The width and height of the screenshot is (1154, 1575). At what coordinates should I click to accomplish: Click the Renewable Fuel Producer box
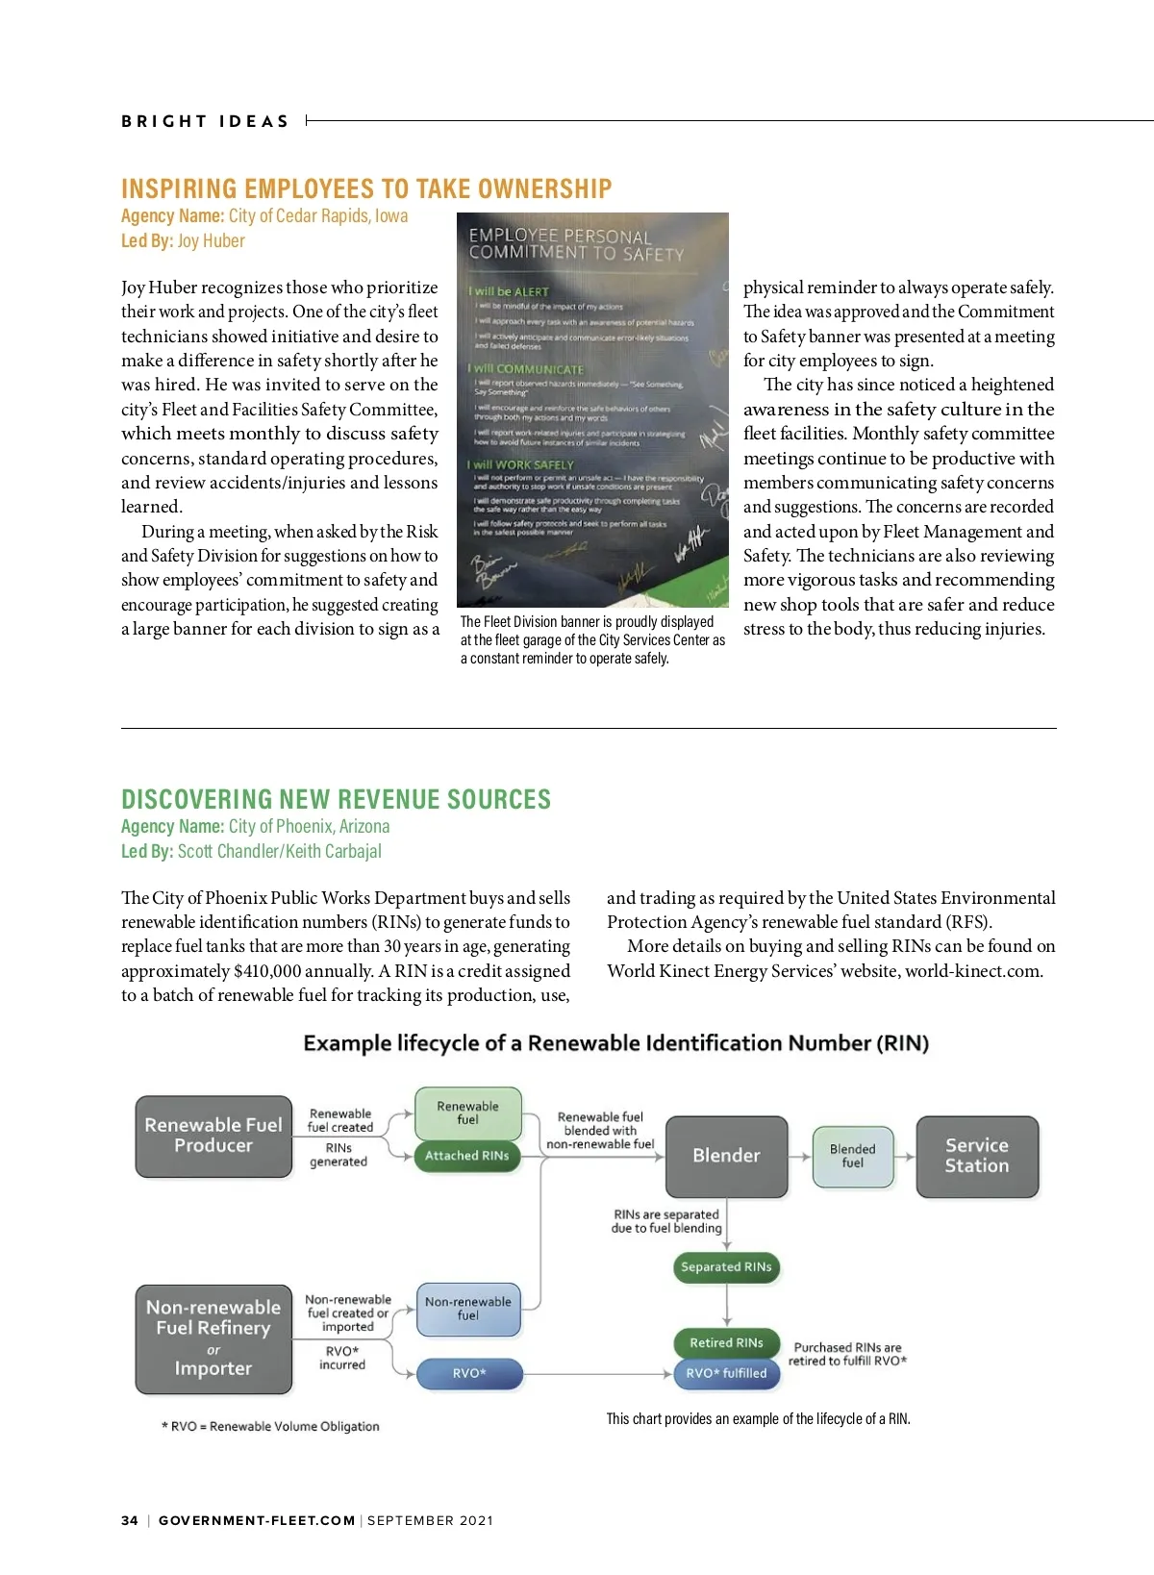(x=213, y=1136)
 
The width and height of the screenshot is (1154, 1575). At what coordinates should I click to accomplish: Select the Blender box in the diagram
(x=726, y=1156)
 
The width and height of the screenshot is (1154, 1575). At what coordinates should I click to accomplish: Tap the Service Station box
(x=977, y=1156)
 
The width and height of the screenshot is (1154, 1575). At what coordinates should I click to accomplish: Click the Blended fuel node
(x=853, y=1156)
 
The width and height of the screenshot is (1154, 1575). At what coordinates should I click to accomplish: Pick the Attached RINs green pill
(x=467, y=1156)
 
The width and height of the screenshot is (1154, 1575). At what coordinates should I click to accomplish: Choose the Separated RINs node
(x=726, y=1267)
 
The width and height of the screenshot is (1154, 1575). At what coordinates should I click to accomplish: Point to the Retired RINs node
(x=726, y=1343)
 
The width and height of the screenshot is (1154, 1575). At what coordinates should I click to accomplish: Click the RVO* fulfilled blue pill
(x=726, y=1373)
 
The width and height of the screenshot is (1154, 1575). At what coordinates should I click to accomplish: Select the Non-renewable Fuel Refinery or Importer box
(x=213, y=1338)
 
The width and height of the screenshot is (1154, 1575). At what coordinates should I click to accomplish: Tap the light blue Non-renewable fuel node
(x=468, y=1309)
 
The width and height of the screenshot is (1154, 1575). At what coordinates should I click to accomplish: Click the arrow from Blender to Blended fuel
(x=800, y=1157)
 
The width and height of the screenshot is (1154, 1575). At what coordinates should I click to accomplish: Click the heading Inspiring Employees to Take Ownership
(x=366, y=188)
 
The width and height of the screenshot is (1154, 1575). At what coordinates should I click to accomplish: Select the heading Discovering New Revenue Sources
(x=336, y=799)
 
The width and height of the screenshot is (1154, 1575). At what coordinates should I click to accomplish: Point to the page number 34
(x=130, y=1520)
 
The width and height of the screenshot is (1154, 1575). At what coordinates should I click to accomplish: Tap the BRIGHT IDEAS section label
(x=205, y=121)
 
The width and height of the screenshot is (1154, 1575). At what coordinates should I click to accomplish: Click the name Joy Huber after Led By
(x=211, y=241)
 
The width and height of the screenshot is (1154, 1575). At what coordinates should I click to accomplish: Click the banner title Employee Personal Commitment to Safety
(x=576, y=244)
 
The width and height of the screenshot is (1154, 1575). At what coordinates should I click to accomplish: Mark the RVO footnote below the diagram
(x=270, y=1426)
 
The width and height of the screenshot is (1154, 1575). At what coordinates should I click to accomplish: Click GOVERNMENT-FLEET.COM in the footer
(x=257, y=1520)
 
